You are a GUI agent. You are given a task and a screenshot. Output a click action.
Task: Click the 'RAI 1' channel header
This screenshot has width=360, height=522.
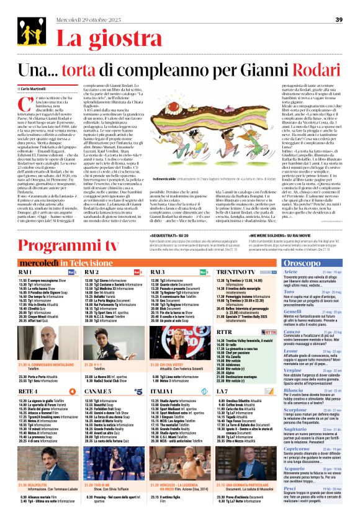pyautogui.click(x=25, y=255)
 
